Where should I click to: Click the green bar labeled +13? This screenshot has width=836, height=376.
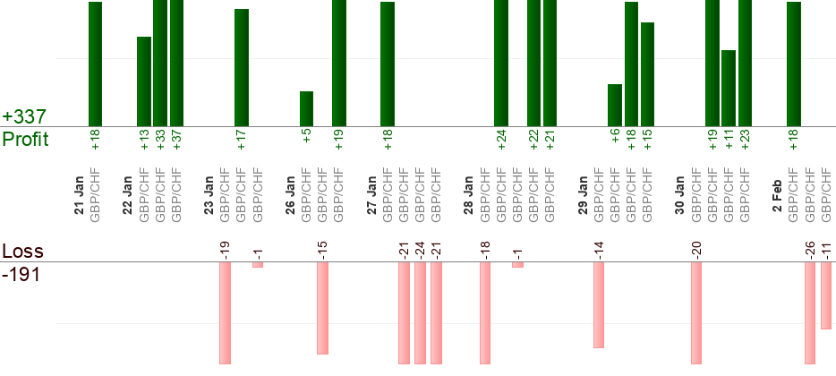143,81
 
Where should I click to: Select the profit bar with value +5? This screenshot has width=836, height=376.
306,108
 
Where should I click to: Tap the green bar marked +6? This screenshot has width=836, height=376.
614,105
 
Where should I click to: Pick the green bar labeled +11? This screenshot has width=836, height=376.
729,88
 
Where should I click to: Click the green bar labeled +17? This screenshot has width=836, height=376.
241,67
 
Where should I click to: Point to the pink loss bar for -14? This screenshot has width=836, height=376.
599,304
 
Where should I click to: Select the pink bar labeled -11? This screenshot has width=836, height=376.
826,295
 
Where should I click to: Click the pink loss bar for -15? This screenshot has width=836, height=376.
322,308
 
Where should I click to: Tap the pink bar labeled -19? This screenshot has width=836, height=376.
225,312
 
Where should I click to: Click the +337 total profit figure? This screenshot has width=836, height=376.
24,117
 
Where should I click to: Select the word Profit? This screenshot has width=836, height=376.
25,140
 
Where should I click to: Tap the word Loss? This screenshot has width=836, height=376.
22,251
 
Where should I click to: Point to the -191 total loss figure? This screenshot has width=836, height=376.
22,273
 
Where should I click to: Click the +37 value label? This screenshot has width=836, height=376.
176,139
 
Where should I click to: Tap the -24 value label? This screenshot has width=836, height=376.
420,250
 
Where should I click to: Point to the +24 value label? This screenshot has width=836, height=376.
501,139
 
